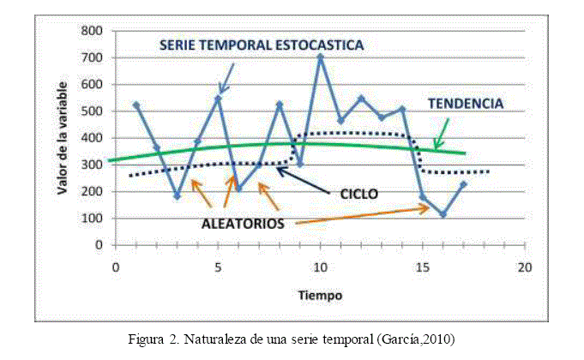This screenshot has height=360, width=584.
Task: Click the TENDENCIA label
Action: pos(466,103)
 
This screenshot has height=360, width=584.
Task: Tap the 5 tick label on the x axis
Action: pos(218,266)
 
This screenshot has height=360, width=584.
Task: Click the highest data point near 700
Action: pos(321,57)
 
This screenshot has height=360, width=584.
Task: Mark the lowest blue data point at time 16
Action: pos(443,214)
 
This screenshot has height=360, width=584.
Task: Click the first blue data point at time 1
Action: pos(136,105)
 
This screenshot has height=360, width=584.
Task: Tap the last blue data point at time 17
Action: pos(464,183)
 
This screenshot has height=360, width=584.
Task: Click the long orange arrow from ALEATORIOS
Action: pos(360,216)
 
